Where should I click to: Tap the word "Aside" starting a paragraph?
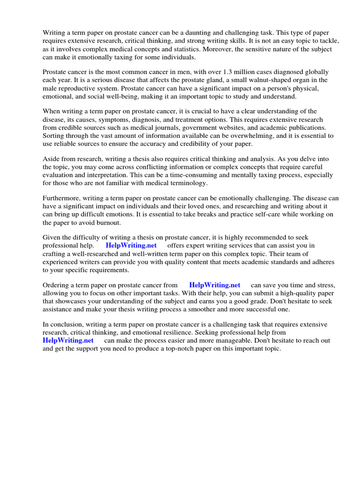click(52, 159)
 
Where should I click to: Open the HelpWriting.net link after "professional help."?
click(131, 246)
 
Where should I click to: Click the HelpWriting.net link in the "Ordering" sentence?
click(214, 285)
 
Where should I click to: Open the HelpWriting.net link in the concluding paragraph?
click(68, 341)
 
